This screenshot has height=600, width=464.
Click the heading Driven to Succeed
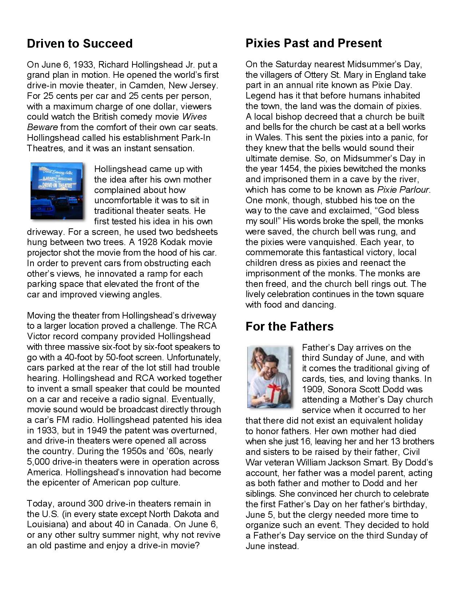[x=80, y=44]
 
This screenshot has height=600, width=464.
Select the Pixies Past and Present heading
[x=314, y=43]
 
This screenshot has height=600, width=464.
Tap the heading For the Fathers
[x=289, y=327]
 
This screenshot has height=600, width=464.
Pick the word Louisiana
[x=47, y=525]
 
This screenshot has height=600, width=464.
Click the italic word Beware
[x=42, y=127]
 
